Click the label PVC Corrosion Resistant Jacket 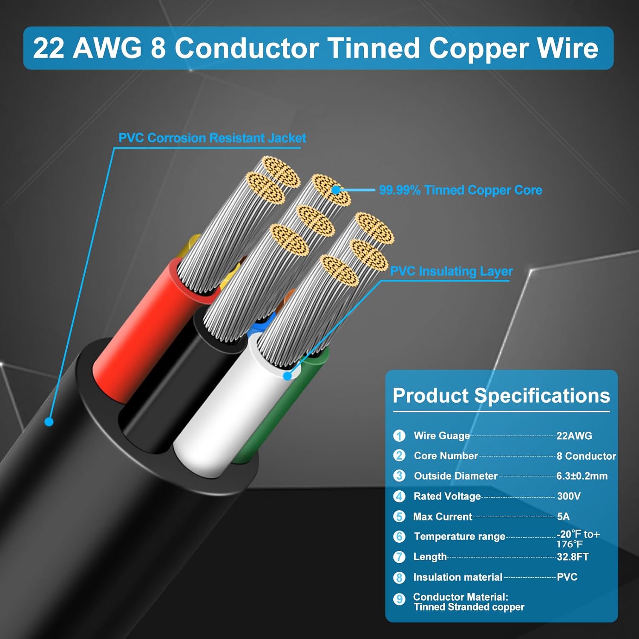212,138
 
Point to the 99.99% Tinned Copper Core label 461,190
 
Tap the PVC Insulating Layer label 452,271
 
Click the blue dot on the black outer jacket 49,422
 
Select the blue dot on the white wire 288,376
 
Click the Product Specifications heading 501,396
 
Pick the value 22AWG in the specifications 574,436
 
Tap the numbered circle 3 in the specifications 399,475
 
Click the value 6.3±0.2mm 582,476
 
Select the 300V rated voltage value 569,496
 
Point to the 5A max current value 563,516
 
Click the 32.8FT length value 573,557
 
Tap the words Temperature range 459,536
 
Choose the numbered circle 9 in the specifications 399,599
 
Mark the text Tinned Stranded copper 469,607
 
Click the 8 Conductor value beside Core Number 586,456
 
